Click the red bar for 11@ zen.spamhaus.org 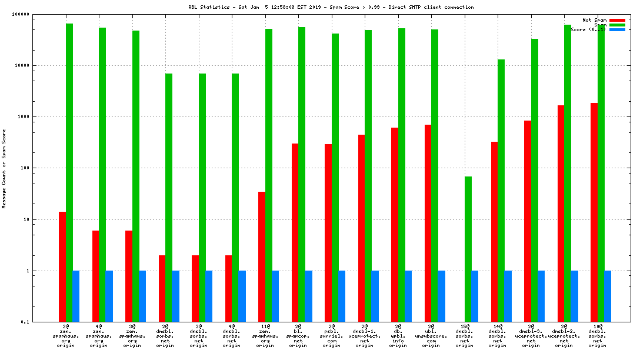pyautogui.click(x=262, y=256)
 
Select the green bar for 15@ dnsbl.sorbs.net pyautogui.click(x=468, y=249)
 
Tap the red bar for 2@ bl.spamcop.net pyautogui.click(x=295, y=232)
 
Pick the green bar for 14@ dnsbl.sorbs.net pyautogui.click(x=501, y=191)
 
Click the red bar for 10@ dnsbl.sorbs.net pyautogui.click(x=594, y=212)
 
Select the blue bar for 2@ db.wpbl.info pyautogui.click(x=408, y=296)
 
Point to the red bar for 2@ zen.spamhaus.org pyautogui.click(x=62, y=266)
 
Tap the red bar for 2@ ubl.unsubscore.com pyautogui.click(x=428, y=223)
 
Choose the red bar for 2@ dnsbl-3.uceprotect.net pyautogui.click(x=528, y=221)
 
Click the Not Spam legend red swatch pyautogui.click(x=617, y=20)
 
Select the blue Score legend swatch pyautogui.click(x=617, y=29)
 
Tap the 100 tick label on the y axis pyautogui.click(x=24, y=168)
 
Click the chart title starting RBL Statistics pyautogui.click(x=319, y=7)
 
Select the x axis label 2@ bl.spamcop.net pyautogui.click(x=298, y=335)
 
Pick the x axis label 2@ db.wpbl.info pyautogui.click(x=398, y=335)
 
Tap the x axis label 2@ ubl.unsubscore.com pyautogui.click(x=431, y=335)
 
